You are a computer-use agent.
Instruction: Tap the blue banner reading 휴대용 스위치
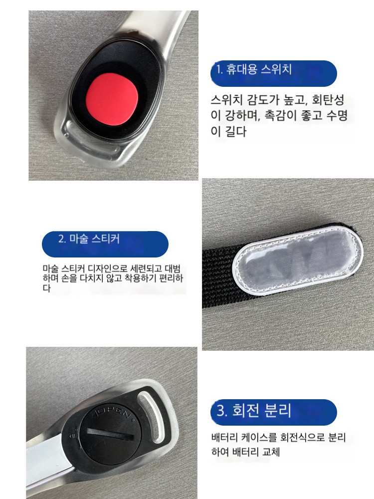(x=273, y=73)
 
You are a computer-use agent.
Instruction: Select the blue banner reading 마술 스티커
(x=105, y=244)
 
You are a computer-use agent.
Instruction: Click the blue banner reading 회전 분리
(x=273, y=412)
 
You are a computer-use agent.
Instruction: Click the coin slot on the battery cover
(x=110, y=435)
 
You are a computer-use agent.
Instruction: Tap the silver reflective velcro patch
(x=298, y=261)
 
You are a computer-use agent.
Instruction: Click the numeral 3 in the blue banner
(x=221, y=411)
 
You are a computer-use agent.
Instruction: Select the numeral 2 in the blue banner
(x=61, y=239)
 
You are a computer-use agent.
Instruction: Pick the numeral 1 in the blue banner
(x=218, y=69)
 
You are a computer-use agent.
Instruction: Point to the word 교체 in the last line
(x=271, y=452)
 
